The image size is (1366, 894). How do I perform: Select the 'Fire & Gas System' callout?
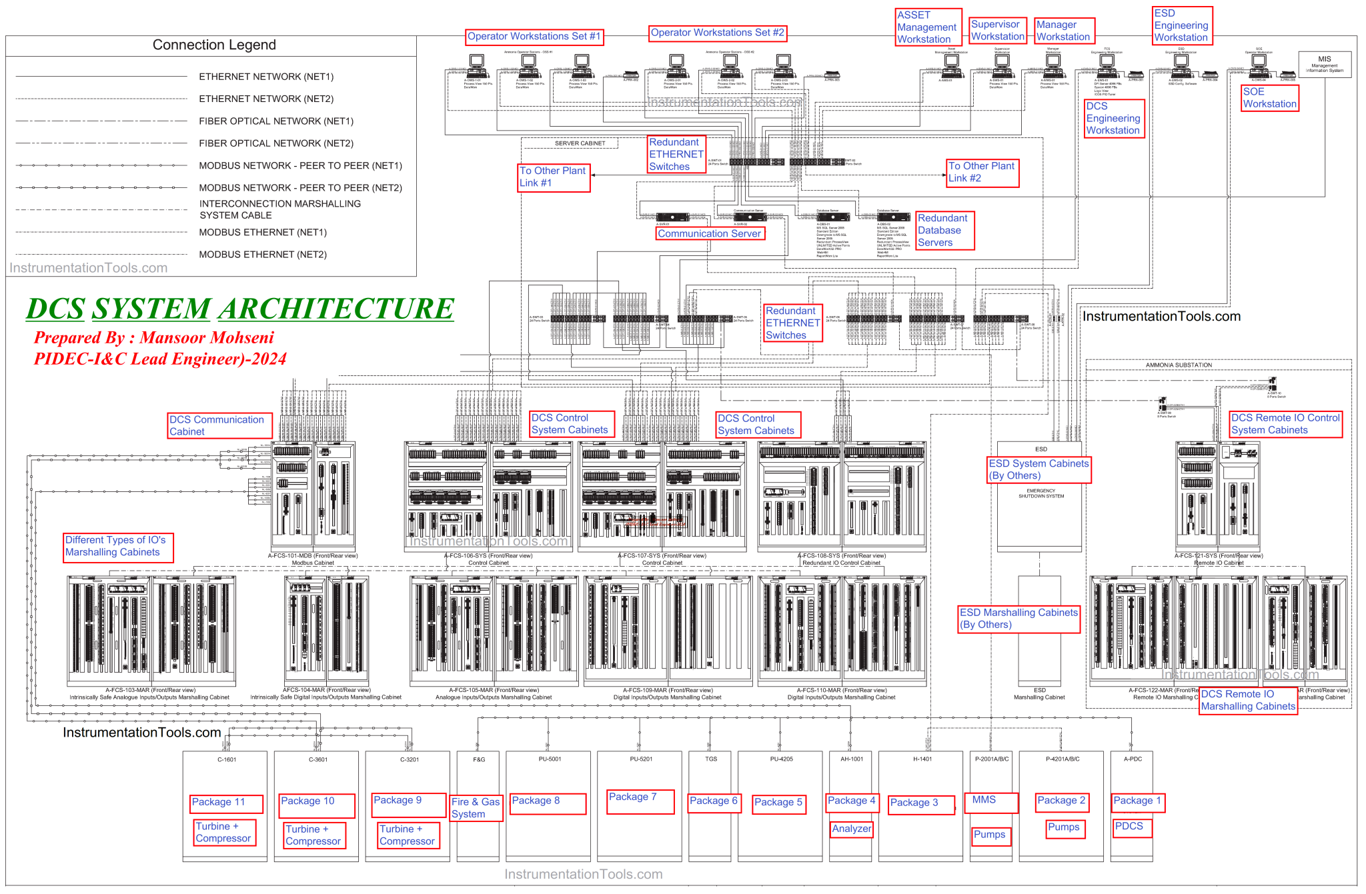pyautogui.click(x=476, y=808)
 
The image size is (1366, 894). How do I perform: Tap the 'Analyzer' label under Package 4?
pyautogui.click(x=852, y=829)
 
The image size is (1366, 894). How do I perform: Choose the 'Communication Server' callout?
pyautogui.click(x=709, y=234)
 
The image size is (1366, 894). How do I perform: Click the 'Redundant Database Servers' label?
pyautogui.click(x=944, y=231)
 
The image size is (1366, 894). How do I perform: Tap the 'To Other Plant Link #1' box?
pyautogui.click(x=554, y=177)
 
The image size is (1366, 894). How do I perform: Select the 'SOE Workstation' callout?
pyautogui.click(x=1269, y=98)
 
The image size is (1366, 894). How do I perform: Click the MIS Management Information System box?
pyautogui.click(x=1325, y=64)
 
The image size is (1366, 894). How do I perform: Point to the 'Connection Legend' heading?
pyautogui.click(x=214, y=45)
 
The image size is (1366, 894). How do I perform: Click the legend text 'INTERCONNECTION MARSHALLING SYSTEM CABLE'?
pyautogui.click(x=280, y=209)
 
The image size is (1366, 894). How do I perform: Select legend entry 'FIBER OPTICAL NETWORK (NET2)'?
pyautogui.click(x=276, y=143)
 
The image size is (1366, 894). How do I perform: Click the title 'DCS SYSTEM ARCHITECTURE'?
pyautogui.click(x=240, y=309)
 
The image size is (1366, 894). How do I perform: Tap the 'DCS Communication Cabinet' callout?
pyautogui.click(x=219, y=425)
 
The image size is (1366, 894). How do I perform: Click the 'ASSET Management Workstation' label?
pyautogui.click(x=928, y=27)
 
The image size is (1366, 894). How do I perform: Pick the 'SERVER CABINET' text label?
pyautogui.click(x=580, y=143)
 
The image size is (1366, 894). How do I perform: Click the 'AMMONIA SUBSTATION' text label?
pyautogui.click(x=1179, y=365)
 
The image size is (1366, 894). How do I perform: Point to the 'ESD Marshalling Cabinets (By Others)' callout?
pyautogui.click(x=1018, y=619)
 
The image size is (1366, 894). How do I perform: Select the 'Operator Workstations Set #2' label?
pyautogui.click(x=718, y=33)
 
